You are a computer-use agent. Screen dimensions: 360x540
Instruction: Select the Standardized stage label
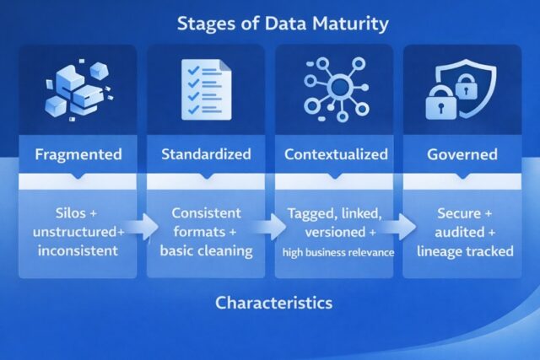pos(206,155)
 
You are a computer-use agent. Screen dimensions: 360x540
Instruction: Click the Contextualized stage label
pos(336,155)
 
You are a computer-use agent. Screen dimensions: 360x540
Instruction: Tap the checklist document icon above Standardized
pos(205,89)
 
